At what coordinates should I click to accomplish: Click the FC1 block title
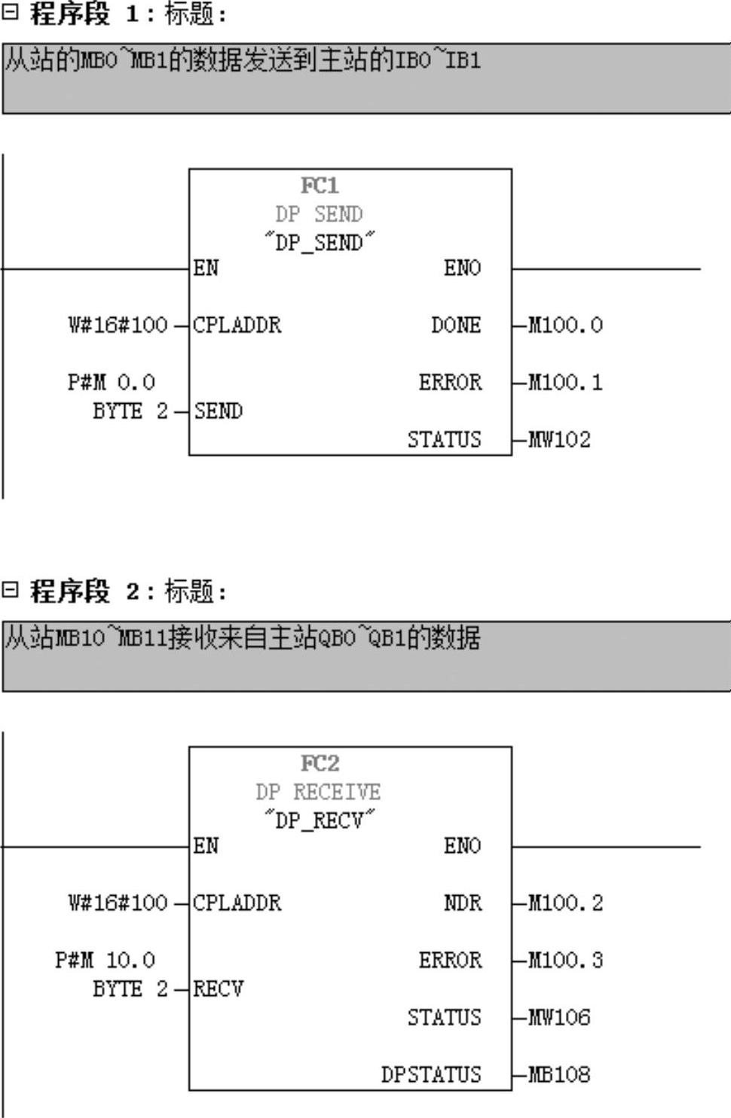(x=320, y=185)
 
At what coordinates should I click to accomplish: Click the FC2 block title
(x=320, y=763)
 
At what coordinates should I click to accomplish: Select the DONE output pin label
(x=456, y=325)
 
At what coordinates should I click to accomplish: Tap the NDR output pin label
(x=463, y=903)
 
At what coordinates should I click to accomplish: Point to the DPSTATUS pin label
(x=430, y=1074)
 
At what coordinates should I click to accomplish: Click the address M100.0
(x=565, y=325)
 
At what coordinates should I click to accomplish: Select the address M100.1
(x=565, y=382)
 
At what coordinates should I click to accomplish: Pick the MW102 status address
(x=559, y=439)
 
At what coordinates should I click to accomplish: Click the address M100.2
(x=565, y=903)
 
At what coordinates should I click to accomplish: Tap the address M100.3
(x=565, y=960)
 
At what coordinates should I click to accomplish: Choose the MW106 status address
(x=559, y=1017)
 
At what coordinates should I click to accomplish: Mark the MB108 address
(x=559, y=1074)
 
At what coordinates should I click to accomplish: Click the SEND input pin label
(x=219, y=411)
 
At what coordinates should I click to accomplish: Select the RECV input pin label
(x=219, y=988)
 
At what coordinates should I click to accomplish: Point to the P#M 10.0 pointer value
(x=105, y=960)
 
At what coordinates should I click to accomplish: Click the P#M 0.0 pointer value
(x=111, y=382)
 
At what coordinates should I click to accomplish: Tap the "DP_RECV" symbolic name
(x=320, y=820)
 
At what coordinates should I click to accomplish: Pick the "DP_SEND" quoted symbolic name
(x=320, y=242)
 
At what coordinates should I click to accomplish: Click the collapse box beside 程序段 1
(x=10, y=12)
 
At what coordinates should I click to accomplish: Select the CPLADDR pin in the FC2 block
(x=237, y=903)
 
